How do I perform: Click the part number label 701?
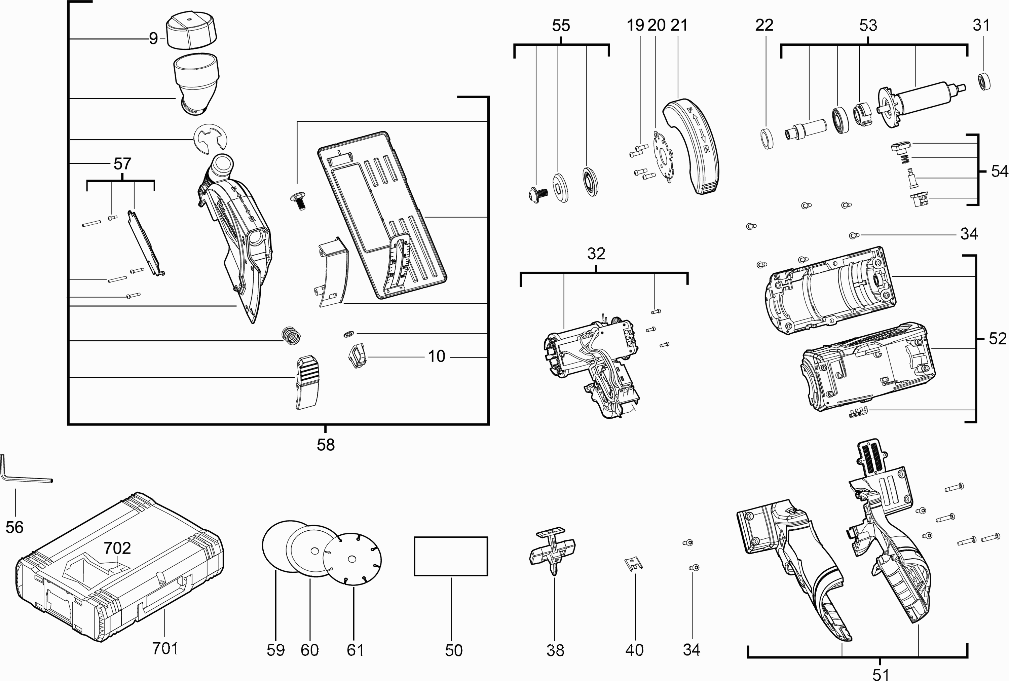(165, 648)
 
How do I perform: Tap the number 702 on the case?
(117, 548)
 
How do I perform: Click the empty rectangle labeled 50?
(451, 556)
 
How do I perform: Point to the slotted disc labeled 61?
(352, 560)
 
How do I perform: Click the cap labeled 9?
(191, 32)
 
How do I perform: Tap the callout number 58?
(326, 445)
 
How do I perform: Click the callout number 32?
(596, 254)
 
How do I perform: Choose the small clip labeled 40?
(633, 564)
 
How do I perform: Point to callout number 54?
(999, 172)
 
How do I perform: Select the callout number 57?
(122, 164)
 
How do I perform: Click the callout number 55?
(561, 26)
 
